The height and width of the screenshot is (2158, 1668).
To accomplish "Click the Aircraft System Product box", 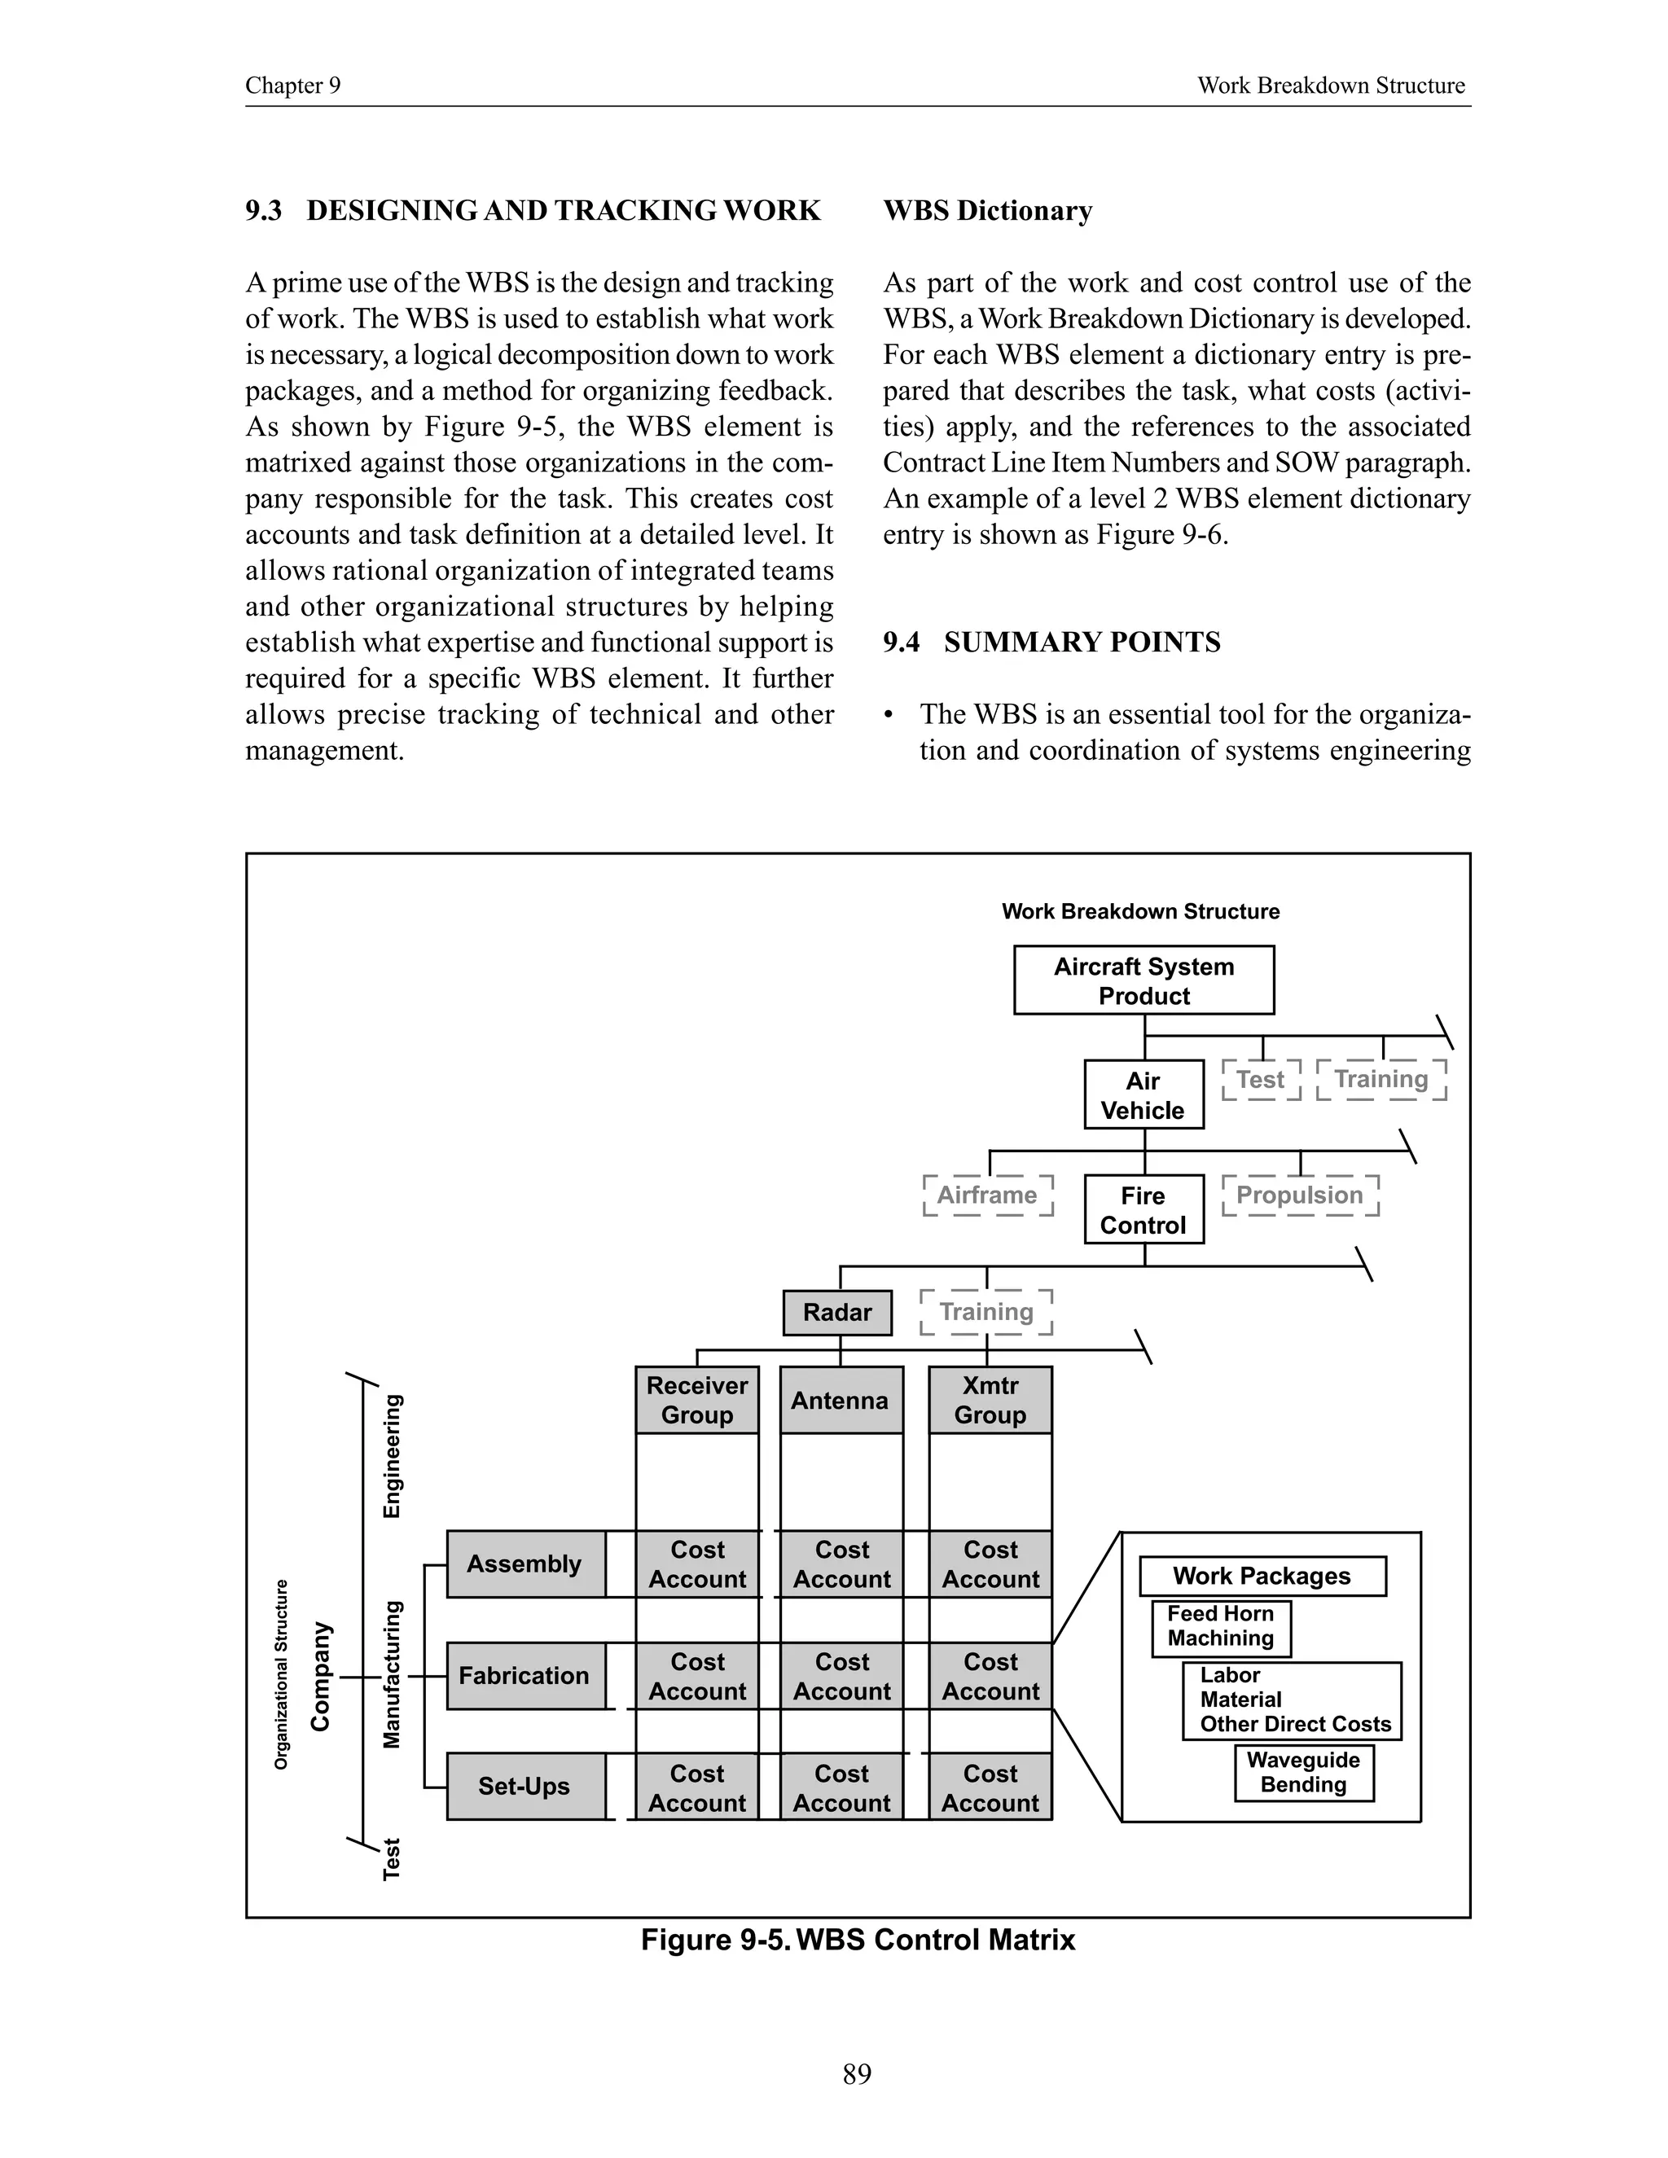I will [1143, 980].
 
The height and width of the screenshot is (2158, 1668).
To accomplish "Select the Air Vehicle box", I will [1143, 1094].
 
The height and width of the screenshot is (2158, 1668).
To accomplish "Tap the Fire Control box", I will [1143, 1209].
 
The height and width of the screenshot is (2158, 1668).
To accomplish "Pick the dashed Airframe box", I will [987, 1195].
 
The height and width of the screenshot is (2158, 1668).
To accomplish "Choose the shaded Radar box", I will [837, 1312].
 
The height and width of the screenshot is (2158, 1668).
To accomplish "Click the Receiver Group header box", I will [696, 1400].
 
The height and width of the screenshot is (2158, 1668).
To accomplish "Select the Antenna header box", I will [840, 1400].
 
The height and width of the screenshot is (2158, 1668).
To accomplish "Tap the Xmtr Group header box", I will [990, 1400].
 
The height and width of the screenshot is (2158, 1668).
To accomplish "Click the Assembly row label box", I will [525, 1564].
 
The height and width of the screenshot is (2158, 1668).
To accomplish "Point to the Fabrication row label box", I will [525, 1676].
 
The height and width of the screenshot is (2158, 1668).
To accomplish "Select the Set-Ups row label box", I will [525, 1787].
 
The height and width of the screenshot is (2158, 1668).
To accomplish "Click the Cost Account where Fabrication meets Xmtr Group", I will [990, 1677].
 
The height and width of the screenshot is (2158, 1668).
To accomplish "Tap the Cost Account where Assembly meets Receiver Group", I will [696, 1564].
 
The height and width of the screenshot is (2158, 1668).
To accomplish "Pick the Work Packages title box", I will [1262, 1576].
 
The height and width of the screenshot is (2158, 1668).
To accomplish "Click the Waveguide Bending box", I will [1303, 1773].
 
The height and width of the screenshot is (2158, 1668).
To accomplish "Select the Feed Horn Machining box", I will [1220, 1625].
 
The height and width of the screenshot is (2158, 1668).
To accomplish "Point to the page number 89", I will [857, 2074].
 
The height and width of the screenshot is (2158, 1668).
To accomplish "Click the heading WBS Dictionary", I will [987, 210].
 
